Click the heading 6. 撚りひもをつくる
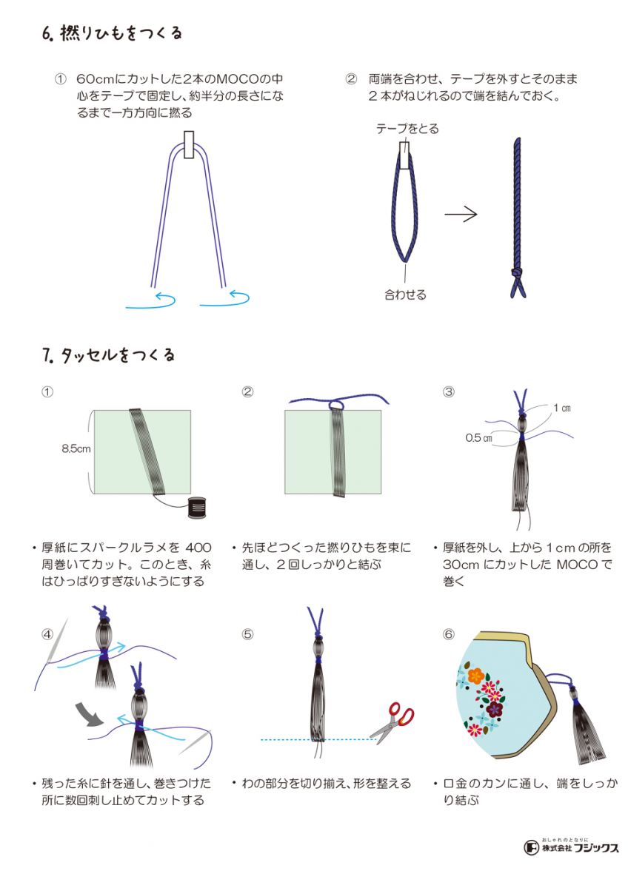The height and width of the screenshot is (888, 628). click(112, 33)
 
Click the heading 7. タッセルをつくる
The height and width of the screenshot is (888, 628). click(108, 354)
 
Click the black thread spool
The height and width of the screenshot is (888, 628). click(197, 508)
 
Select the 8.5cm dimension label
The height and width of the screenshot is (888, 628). click(76, 448)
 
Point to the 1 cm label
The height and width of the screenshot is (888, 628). click(562, 408)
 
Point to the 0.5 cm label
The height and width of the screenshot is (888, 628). click(479, 438)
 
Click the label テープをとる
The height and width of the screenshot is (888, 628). click(407, 129)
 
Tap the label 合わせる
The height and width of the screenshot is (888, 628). click(405, 295)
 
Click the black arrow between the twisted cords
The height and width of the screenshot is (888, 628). click(461, 215)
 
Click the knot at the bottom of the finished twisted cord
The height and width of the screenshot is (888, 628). click(515, 273)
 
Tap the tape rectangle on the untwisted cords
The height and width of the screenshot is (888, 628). click(189, 145)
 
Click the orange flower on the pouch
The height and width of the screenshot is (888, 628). click(476, 675)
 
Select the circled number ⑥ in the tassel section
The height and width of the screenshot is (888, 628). click(448, 634)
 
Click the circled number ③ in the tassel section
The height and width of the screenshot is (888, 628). click(448, 392)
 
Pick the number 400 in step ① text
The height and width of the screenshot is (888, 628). click(198, 548)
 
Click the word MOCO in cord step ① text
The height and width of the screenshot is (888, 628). click(237, 79)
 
